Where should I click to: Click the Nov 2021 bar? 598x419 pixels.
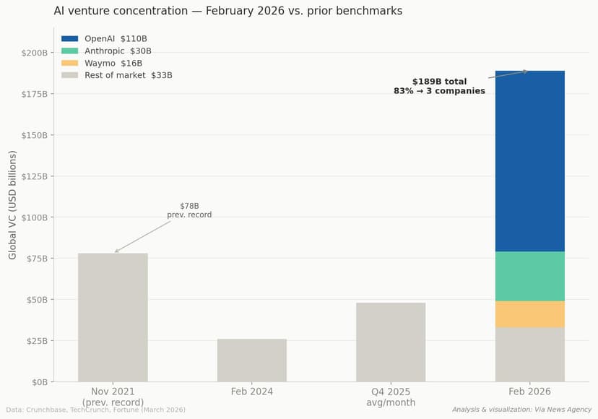coord(113,317)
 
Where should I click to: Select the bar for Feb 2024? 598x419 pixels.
coord(252,360)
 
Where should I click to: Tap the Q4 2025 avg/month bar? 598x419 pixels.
coord(391,342)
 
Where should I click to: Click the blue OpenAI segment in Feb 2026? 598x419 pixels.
coord(529,161)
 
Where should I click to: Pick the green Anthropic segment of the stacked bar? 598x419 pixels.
coord(529,276)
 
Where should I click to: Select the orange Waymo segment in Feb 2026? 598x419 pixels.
coord(529,314)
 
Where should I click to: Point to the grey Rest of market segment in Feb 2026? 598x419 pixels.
coord(529,354)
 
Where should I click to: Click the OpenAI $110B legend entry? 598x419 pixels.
coord(116,39)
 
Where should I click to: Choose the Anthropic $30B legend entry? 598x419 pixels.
coord(118,51)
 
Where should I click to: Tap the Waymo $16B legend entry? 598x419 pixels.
coord(113,63)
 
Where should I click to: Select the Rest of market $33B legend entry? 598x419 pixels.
coord(128,75)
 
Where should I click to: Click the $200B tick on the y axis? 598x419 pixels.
coord(34,53)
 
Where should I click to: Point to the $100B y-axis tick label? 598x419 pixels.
coord(34,217)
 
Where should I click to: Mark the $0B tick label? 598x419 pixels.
coord(38,382)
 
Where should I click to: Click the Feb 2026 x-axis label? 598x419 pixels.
coord(529,392)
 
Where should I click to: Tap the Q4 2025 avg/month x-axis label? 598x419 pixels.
coord(391,397)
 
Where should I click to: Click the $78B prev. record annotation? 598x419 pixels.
coord(189,210)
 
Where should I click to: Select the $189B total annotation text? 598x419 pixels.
coord(439,87)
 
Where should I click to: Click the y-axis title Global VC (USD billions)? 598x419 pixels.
coord(13,205)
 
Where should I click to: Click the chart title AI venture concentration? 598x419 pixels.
coord(227,11)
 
